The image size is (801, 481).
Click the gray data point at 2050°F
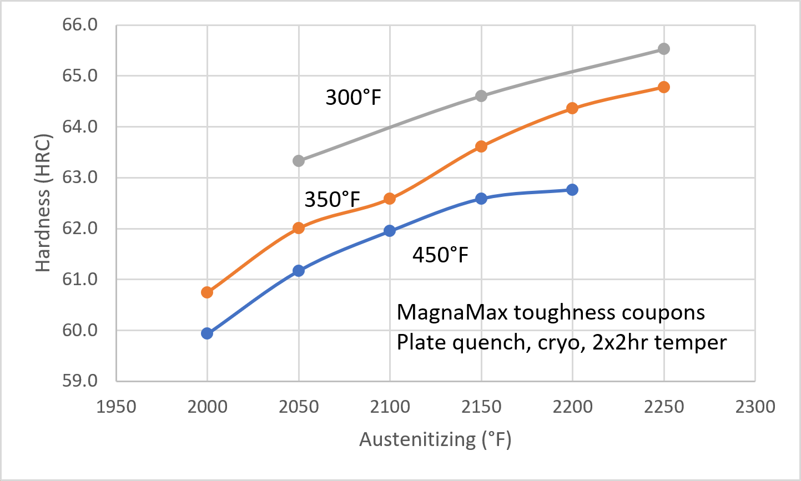tap(299, 161)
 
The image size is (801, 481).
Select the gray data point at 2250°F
tap(663, 49)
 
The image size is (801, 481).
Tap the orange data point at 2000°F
tap(207, 292)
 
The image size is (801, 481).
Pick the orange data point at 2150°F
tap(481, 146)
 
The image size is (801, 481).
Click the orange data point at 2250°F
tap(663, 87)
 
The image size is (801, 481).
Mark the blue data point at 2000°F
tap(207, 333)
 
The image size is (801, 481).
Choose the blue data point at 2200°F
tap(572, 190)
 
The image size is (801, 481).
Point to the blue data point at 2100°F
tap(390, 231)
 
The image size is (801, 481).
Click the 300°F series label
tap(354, 98)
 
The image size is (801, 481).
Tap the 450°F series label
tap(440, 255)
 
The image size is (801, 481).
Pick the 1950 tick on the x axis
tap(116, 407)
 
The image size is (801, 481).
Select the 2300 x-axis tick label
tap(754, 407)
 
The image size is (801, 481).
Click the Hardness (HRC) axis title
tap(43, 204)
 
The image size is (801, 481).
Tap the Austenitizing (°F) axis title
tap(435, 440)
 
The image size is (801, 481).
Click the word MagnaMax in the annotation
tap(452, 313)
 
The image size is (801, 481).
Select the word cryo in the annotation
tap(562, 343)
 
